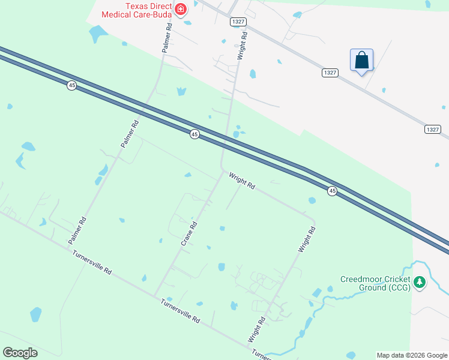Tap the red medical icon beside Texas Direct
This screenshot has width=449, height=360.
pos(181,9)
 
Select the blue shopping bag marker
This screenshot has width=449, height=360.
pos(361,61)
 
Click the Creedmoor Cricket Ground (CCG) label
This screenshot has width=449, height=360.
pos(375,283)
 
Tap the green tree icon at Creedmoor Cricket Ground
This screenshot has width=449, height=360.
pos(421,281)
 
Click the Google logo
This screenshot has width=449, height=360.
pos(20,353)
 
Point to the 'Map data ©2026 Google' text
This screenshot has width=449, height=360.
pos(412,355)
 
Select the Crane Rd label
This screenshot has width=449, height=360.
pos(189,234)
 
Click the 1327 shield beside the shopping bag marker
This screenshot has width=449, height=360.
pos(330,73)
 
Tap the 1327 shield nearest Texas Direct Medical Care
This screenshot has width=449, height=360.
pos(238,22)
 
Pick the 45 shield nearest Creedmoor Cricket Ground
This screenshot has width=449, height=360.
pos(332,191)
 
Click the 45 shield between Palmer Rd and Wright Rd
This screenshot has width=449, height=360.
pos(194,134)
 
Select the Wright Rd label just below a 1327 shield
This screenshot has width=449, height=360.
pos(243,44)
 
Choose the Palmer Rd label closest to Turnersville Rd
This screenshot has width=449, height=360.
pos(77,230)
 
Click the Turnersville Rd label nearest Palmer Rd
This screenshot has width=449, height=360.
pos(92,262)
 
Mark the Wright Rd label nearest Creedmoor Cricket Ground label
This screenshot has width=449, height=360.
pos(306,239)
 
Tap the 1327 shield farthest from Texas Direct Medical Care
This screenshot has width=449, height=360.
pos(432,129)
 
